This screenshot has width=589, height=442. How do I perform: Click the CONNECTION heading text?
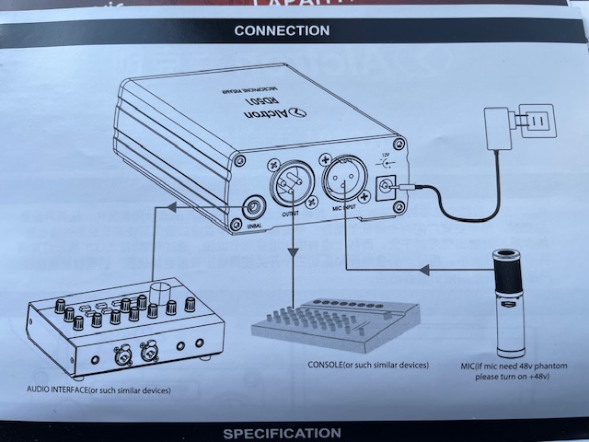[x=282, y=30]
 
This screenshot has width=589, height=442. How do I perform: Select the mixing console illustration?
[x=335, y=322]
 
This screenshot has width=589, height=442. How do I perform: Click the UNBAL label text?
[x=254, y=227]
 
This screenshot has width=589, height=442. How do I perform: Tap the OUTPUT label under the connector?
[x=290, y=213]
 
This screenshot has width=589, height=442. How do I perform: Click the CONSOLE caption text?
[x=368, y=366]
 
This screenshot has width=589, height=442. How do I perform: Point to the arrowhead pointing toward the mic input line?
[x=422, y=270]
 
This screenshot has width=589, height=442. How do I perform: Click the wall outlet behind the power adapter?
[x=535, y=122]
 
